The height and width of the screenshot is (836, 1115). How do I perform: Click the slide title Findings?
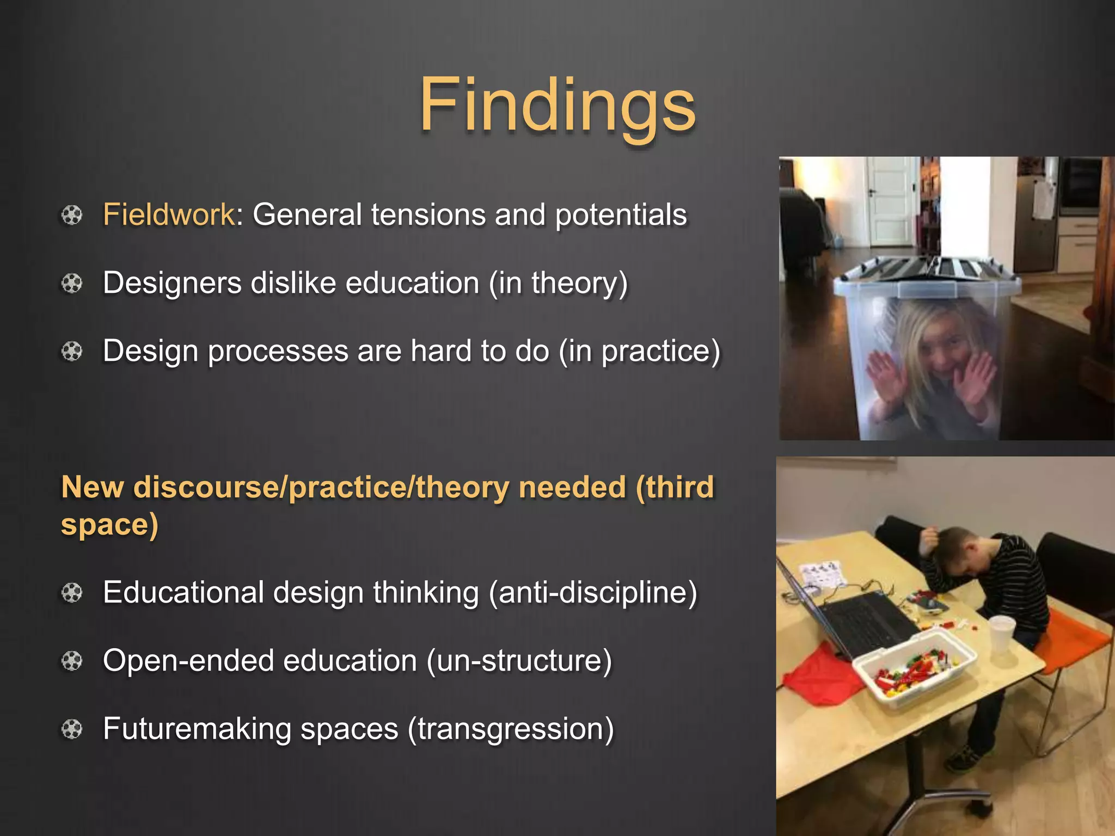(x=557, y=104)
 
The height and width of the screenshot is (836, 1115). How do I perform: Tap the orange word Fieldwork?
(x=168, y=214)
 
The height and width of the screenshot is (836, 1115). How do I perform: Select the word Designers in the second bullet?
(x=172, y=283)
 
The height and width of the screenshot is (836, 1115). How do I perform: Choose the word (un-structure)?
(x=519, y=661)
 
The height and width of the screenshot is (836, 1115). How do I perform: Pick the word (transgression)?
(x=511, y=729)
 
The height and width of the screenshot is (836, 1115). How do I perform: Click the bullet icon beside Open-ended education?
(x=71, y=661)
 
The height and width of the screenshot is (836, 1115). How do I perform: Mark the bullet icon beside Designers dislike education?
(x=71, y=284)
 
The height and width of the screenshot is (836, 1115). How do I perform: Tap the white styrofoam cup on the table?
(x=1002, y=634)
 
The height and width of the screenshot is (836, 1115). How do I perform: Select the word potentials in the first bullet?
(x=621, y=214)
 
